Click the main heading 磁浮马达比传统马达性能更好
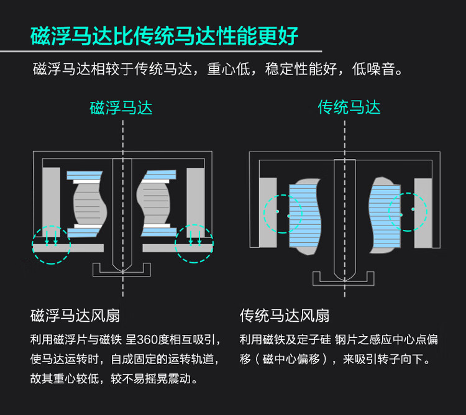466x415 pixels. coord(165,35)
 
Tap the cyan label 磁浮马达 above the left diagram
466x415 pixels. coord(121,107)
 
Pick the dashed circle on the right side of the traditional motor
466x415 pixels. coord(408,213)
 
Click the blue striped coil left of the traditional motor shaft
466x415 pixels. coord(305,214)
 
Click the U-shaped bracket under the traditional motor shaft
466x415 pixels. coord(344,280)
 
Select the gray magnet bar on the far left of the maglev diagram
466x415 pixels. coord(51,198)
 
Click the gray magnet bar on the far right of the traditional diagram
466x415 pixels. coord(424,212)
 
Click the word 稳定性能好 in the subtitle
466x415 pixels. coord(301,68)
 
